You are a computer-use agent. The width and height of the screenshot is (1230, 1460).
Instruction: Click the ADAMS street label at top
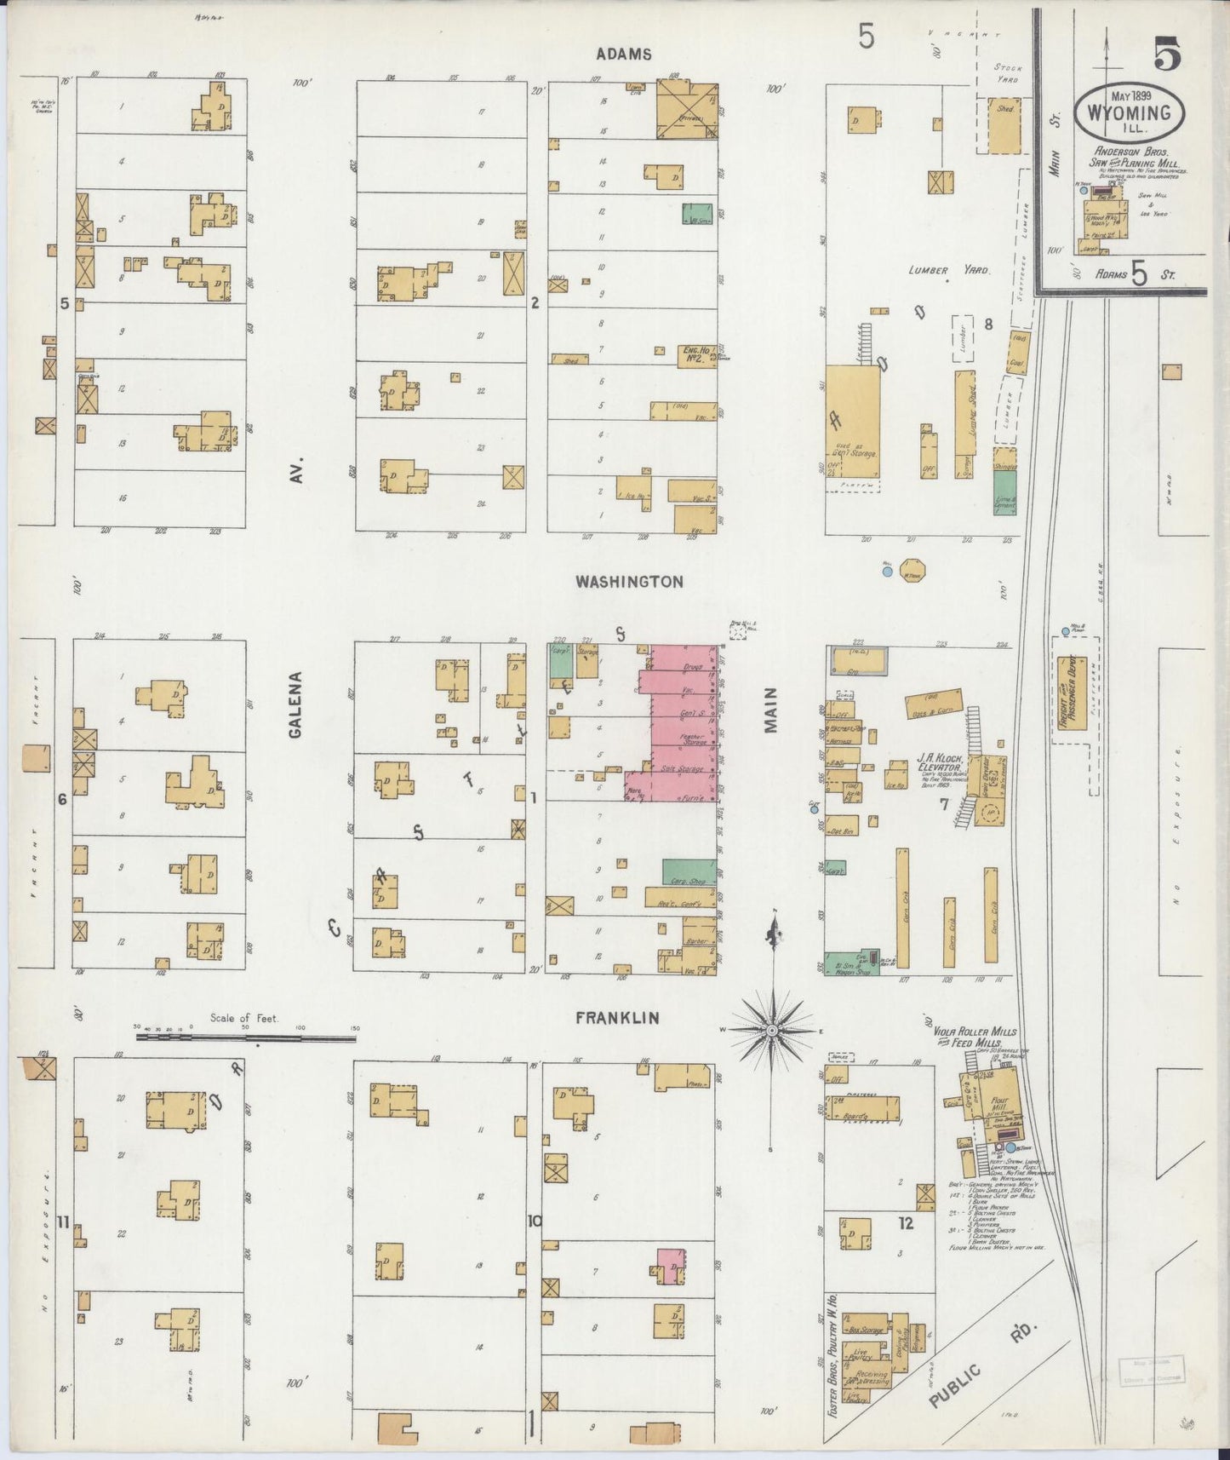point(624,54)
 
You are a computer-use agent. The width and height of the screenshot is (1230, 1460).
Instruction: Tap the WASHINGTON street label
point(629,582)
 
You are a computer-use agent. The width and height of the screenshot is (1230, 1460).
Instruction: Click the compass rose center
point(772,1031)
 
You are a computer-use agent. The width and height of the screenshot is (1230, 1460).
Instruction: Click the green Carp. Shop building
point(688,871)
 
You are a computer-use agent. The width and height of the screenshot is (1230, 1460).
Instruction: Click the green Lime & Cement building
point(1004,492)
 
